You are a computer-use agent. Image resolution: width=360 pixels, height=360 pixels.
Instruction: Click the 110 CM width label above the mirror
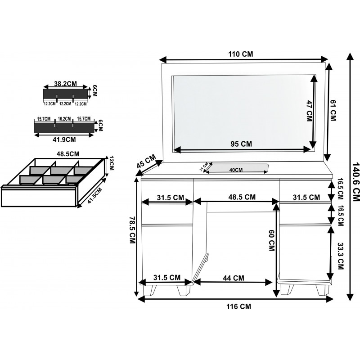pos(240,54)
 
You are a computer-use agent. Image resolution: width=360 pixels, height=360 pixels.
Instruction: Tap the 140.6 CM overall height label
pos(355,182)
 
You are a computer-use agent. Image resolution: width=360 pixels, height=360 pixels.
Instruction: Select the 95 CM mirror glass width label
pos(241,144)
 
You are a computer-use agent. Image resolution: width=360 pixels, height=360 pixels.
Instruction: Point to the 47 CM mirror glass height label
pos(310,111)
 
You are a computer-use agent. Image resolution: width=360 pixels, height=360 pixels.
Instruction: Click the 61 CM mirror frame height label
pos(333,112)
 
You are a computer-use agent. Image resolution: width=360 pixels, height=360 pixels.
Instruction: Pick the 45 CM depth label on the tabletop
pos(146,162)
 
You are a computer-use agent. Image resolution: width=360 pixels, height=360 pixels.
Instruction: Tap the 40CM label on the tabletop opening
pos(236,170)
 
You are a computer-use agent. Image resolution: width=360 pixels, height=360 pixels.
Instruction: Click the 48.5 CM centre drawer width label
pos(242,197)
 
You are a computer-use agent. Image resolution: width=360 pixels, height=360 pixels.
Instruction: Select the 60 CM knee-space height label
pos(271,240)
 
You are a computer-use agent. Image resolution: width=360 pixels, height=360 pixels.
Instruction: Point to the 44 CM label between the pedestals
pos(234,278)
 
